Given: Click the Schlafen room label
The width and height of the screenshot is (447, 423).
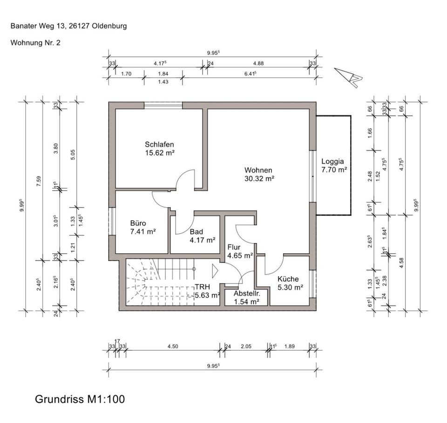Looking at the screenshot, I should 159,145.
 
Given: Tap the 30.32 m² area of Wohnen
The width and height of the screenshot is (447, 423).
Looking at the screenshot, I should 258,178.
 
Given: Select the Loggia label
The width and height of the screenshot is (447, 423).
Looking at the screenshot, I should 332,162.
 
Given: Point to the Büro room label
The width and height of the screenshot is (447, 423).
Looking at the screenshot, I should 139,222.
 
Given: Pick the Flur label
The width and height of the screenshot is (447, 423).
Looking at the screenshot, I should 234,247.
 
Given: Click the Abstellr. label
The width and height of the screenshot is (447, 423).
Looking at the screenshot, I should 246,294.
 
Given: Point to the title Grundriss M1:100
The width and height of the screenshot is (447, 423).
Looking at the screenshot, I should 80,399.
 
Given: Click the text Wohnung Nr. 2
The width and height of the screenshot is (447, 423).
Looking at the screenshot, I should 35,42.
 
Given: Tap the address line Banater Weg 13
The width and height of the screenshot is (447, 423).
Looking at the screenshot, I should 68,26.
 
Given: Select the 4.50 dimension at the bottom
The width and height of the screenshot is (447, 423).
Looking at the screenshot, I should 172,346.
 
